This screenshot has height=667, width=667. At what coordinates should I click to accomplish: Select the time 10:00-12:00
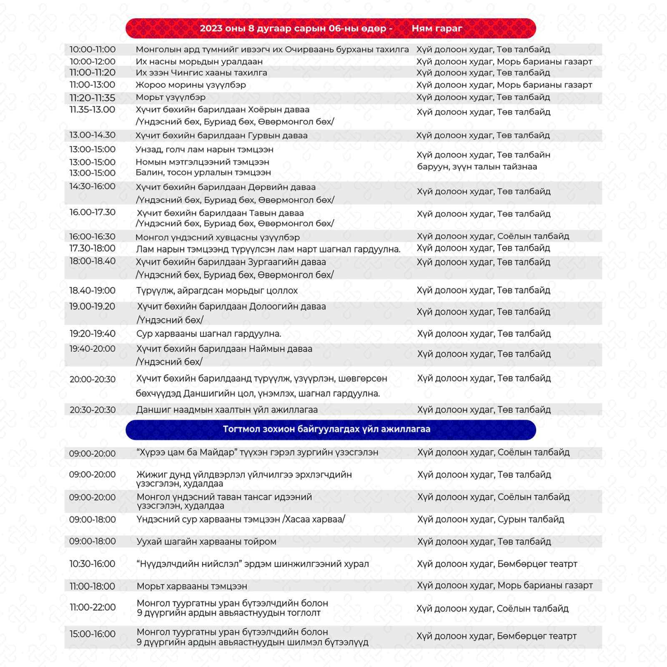[92, 61]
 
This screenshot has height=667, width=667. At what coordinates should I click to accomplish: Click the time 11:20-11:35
[92, 98]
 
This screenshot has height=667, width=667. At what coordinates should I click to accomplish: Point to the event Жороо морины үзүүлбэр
[191, 85]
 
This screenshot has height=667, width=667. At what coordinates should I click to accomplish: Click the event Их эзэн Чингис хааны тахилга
[201, 73]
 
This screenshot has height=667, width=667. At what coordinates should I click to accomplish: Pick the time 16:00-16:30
[92, 236]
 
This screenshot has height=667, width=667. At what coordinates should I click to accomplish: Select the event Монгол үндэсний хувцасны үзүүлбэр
[217, 237]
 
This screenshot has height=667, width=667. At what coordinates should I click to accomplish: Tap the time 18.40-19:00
[92, 290]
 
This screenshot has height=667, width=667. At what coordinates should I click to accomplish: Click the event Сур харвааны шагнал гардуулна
[208, 333]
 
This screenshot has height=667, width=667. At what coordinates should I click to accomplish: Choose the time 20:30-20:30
[93, 410]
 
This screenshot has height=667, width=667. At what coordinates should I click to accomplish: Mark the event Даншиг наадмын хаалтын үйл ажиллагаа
[227, 410]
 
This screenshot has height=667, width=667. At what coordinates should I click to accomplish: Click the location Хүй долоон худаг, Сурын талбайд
[491, 519]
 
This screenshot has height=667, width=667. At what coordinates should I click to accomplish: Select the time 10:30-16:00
[92, 564]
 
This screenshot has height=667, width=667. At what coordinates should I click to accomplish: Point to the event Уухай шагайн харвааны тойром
[206, 542]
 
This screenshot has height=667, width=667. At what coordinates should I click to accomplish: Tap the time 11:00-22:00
[93, 607]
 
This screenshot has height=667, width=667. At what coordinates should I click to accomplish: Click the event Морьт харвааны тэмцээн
[192, 586]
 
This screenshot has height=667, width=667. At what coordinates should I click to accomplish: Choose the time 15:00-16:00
[92, 634]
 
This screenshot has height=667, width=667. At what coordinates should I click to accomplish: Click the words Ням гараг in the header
[437, 28]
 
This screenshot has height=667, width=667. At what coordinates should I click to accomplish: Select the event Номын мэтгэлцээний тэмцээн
[202, 162]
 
